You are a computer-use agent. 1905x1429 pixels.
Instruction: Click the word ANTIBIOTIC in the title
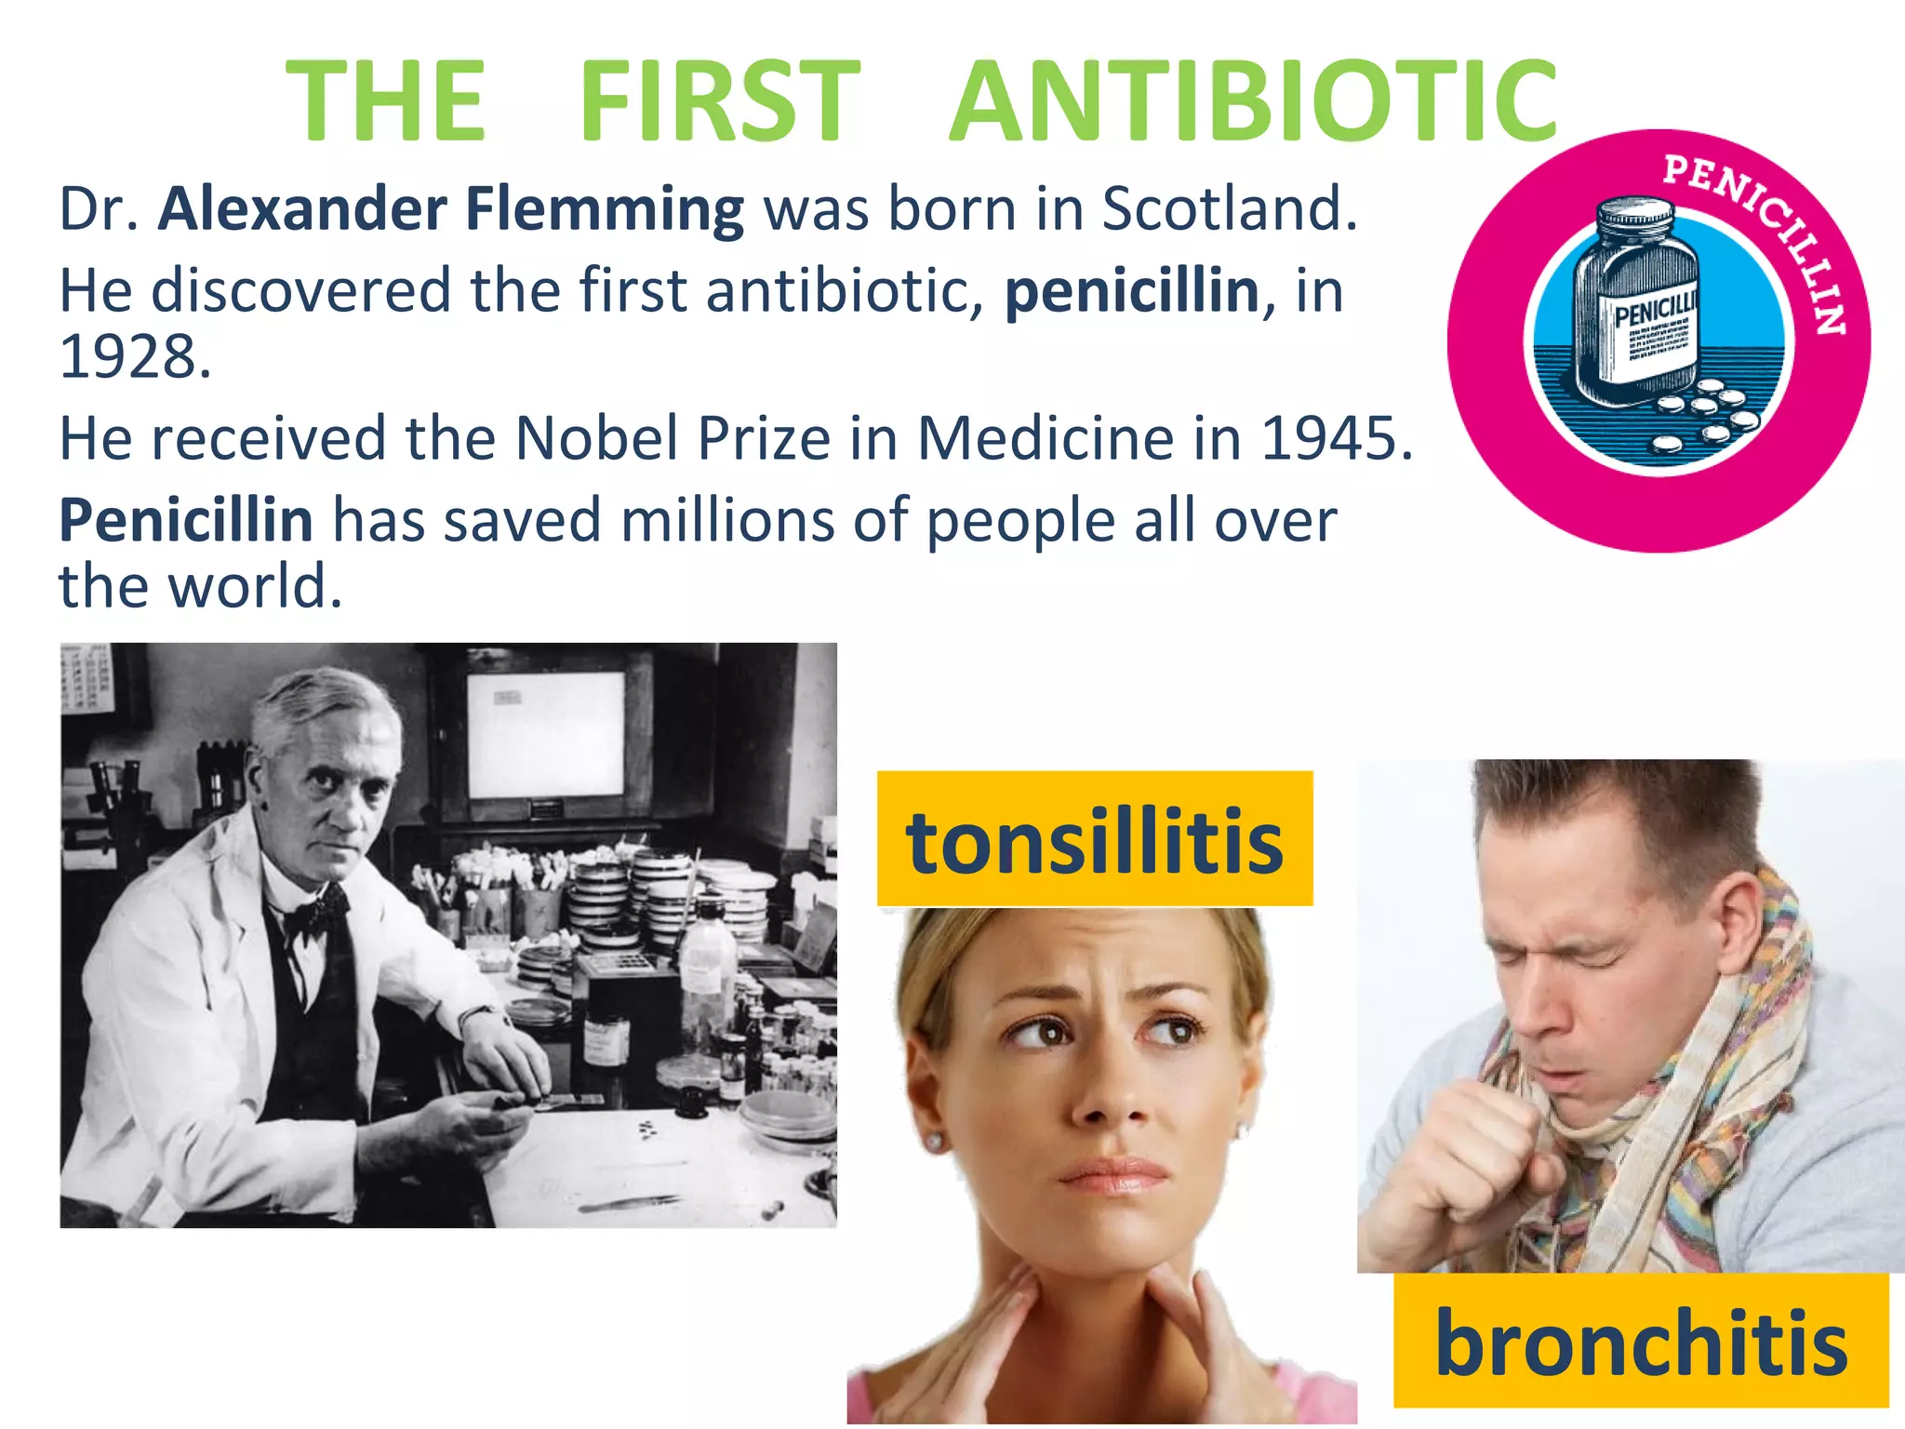tap(1252, 100)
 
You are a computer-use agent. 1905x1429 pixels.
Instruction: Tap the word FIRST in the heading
tap(719, 100)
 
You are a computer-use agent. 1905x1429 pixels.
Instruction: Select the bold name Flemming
tap(605, 210)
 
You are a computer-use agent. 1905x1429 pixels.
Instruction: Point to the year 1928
tap(135, 357)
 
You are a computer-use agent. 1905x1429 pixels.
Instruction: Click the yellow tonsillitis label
tap(1095, 839)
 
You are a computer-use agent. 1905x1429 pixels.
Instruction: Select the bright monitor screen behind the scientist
tap(546, 735)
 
